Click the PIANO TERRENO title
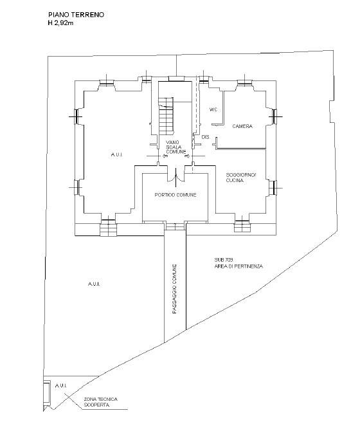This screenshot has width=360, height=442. (76, 15)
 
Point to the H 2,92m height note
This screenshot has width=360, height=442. (60, 23)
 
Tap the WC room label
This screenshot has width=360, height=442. (213, 109)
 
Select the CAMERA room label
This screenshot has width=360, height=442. (242, 126)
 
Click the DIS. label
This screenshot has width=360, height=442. (206, 137)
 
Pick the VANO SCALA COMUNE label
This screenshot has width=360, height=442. (175, 147)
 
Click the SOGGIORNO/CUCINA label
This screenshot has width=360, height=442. (240, 178)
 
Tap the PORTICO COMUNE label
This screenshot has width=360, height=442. (175, 195)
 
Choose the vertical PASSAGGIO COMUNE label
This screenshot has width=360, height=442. (175, 289)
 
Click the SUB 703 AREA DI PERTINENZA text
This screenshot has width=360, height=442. (239, 263)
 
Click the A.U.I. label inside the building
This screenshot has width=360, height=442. (116, 154)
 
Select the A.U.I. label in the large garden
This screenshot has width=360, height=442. (94, 284)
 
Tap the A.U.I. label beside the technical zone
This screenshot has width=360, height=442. (60, 385)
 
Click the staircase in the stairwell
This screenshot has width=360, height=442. (166, 116)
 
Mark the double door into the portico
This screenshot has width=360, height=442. (176, 177)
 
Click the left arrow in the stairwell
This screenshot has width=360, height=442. (163, 156)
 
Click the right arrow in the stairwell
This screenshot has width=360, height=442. (187, 156)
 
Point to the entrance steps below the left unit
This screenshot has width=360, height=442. (108, 228)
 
